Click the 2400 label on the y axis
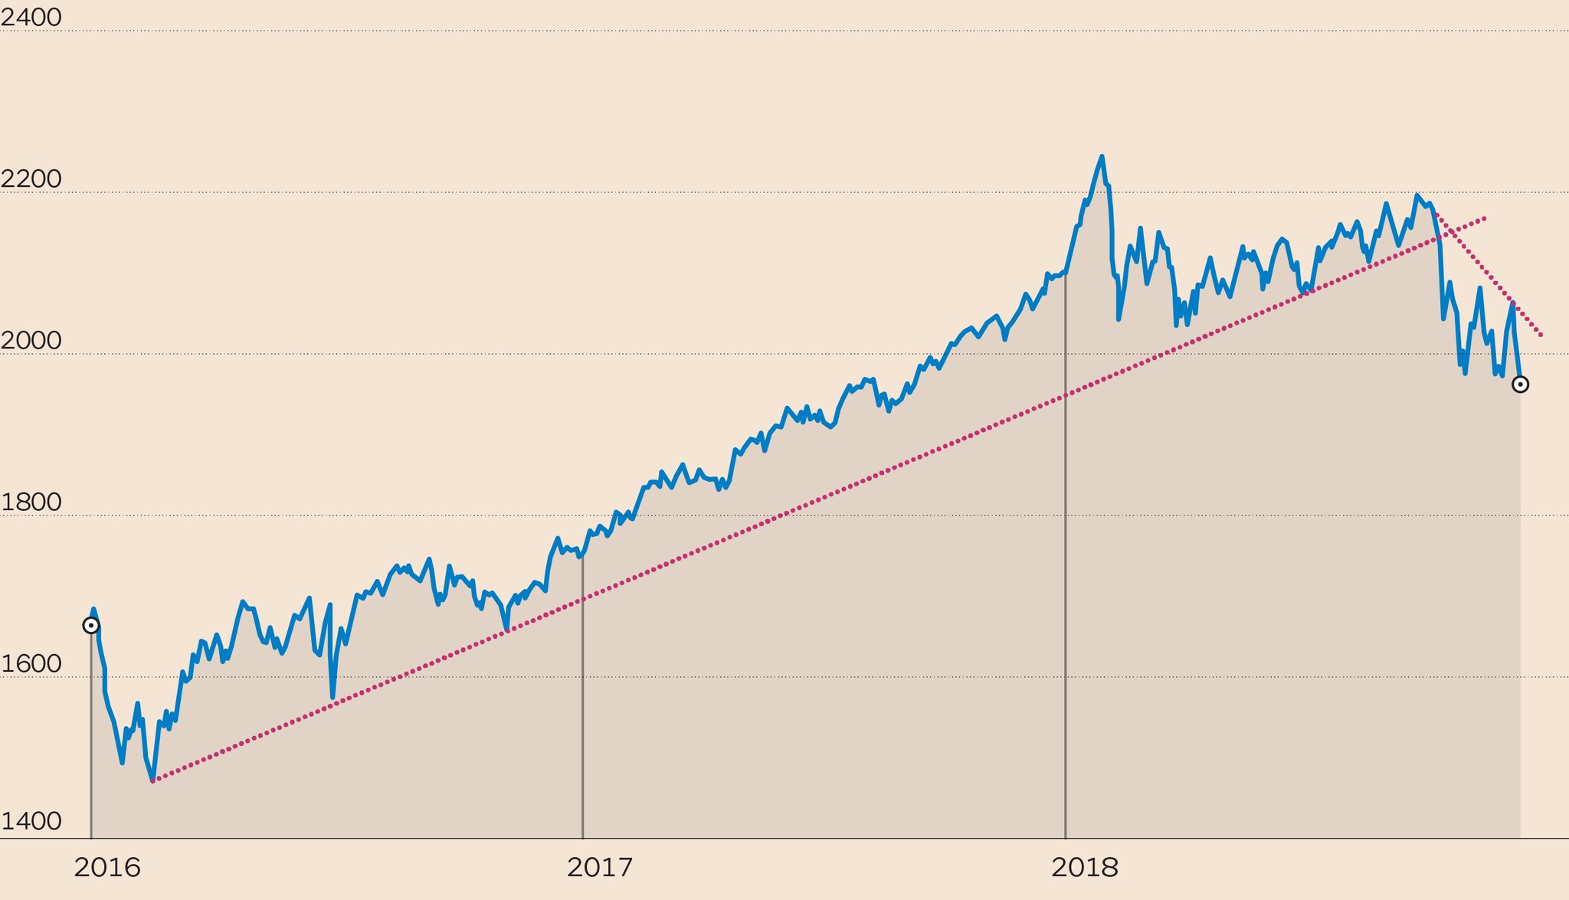[x=31, y=17]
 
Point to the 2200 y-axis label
[x=31, y=178]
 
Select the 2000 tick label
[x=31, y=340]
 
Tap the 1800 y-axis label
[x=31, y=502]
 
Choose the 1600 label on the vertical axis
[x=31, y=663]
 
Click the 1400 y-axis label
[x=31, y=821]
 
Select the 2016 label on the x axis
[x=107, y=868]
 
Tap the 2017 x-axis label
[x=600, y=868]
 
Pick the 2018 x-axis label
[x=1085, y=868]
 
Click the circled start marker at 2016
[x=91, y=626]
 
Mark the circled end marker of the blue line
[x=1520, y=385]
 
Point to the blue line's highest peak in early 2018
[x=1102, y=157]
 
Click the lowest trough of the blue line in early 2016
[x=153, y=780]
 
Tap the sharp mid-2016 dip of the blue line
[x=332, y=697]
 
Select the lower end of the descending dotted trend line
[x=1541, y=335]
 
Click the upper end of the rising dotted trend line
[x=1485, y=218]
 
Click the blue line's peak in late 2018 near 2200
[x=1417, y=195]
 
